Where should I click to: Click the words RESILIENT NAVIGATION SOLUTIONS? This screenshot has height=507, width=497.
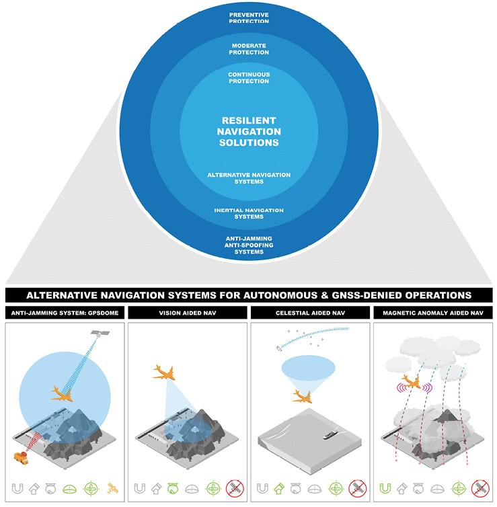(x=248, y=131)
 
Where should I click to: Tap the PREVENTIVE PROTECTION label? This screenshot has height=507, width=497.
(x=249, y=17)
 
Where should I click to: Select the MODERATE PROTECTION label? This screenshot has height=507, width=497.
(x=249, y=49)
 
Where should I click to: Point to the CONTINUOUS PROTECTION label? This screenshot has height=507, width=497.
(x=249, y=77)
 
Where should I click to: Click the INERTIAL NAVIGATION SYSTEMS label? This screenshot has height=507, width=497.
(x=249, y=213)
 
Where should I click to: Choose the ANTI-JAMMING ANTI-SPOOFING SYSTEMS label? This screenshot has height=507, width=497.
(x=249, y=245)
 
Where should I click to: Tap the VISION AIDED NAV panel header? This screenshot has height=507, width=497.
(x=187, y=312)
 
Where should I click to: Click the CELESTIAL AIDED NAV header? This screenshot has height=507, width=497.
(x=309, y=312)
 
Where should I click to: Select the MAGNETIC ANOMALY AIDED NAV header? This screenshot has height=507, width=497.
(x=432, y=312)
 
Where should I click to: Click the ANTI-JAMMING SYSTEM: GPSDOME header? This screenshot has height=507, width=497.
(x=65, y=312)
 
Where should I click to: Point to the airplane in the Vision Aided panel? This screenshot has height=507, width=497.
(x=165, y=373)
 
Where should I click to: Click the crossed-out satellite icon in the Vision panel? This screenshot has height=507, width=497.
(x=235, y=487)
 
